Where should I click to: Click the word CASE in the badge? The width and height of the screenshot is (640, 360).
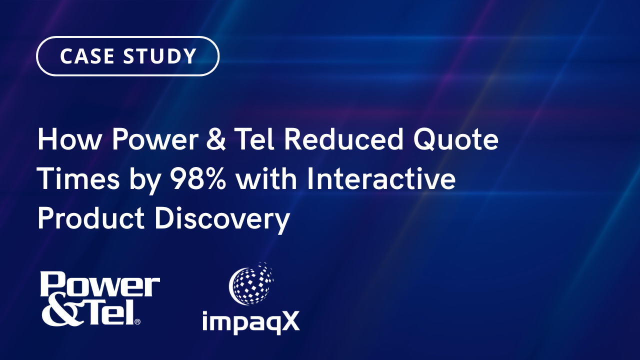point(85,56)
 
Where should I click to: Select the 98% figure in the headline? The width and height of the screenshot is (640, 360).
point(198,179)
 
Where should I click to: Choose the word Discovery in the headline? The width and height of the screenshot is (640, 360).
point(222,220)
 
